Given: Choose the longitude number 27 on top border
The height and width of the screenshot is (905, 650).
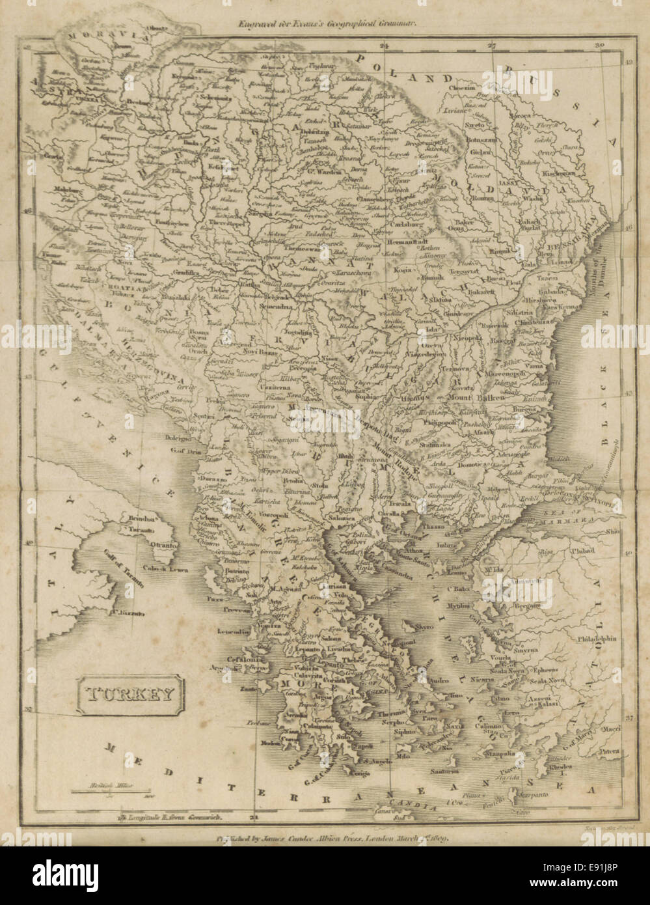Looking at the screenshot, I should [492, 46].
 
